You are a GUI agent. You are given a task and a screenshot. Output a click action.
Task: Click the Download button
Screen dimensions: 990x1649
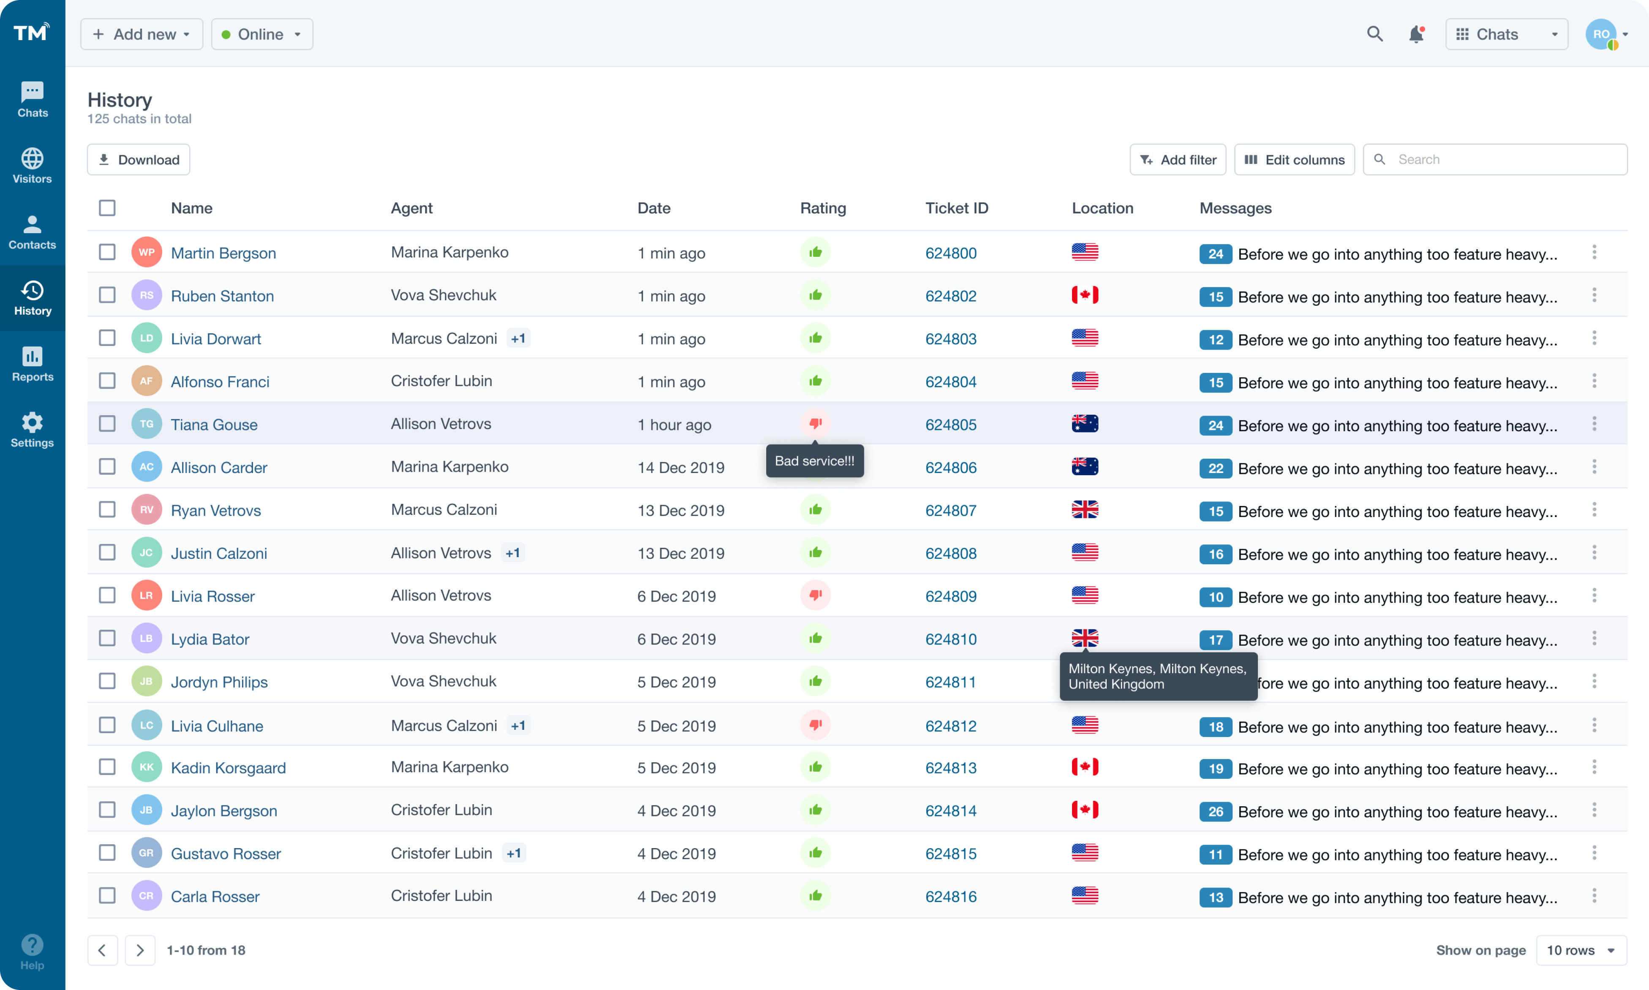coord(138,160)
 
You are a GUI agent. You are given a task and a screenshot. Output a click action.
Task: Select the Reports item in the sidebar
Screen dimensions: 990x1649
coord(32,364)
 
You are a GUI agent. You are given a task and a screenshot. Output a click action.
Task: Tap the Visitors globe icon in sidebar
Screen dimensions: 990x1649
coord(32,159)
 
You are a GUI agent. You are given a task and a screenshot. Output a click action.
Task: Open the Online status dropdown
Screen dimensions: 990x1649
coord(261,34)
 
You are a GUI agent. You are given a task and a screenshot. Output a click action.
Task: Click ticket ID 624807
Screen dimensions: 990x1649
coord(950,510)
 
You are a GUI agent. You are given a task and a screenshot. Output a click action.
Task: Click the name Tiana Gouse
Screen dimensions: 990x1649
coord(213,424)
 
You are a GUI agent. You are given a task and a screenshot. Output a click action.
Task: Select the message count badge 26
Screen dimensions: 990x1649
coord(1215,811)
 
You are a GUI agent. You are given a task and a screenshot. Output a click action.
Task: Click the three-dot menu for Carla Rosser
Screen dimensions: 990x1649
coord(1594,895)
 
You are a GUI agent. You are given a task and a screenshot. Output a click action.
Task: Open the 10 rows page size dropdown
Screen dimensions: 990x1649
coord(1580,950)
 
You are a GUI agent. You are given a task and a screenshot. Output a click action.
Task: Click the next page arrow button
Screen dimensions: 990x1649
coord(139,950)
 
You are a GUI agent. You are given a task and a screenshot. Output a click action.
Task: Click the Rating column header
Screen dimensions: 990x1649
coord(822,208)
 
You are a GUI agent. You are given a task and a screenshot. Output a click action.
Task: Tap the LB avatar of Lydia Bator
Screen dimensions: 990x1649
coord(146,639)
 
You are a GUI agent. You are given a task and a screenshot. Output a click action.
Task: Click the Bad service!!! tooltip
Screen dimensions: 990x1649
coord(814,461)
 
